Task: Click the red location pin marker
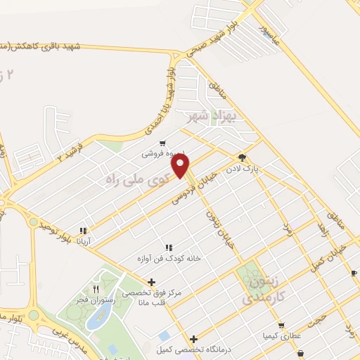tap(181, 166)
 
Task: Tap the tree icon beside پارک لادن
tap(242, 158)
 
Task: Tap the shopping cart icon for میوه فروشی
tap(162, 142)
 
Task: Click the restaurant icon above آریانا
tap(84, 230)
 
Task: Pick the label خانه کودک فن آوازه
tap(168, 259)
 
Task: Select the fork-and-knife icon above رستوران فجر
tap(97, 289)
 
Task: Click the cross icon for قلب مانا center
tap(150, 282)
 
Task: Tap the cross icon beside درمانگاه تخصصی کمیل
tap(193, 339)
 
